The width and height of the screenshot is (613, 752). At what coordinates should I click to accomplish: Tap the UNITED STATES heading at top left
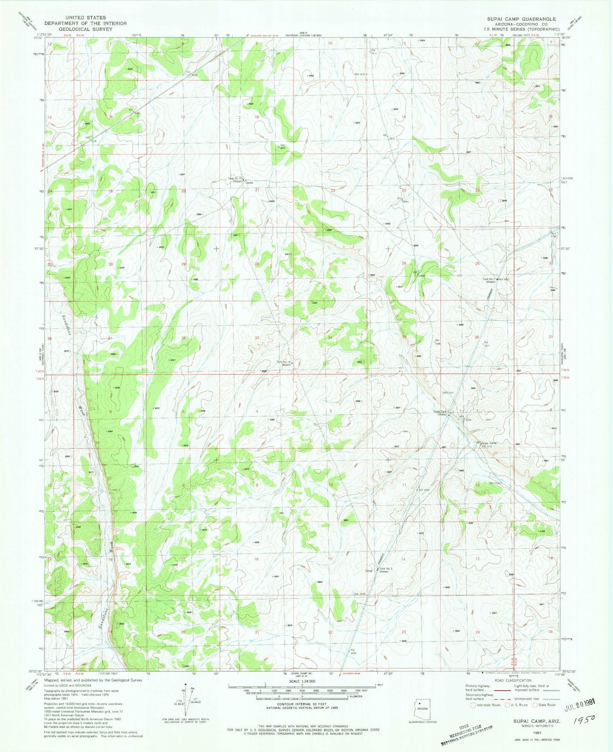(78, 18)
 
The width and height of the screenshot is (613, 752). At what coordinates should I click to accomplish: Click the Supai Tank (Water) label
(439, 413)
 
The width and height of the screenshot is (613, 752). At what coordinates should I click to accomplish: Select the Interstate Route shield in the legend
(473, 704)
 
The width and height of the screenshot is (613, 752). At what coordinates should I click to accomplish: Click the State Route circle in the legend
(535, 704)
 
